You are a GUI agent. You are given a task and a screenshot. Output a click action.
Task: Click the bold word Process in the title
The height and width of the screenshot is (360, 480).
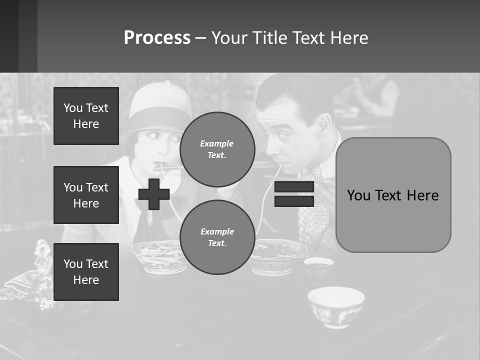[x=157, y=38]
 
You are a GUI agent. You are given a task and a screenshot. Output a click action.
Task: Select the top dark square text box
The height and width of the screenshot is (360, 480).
[x=86, y=116]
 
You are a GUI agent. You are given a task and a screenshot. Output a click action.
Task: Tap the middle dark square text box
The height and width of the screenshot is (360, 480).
[x=86, y=195]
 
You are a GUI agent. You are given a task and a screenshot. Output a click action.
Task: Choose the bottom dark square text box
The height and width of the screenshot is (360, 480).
[x=86, y=272]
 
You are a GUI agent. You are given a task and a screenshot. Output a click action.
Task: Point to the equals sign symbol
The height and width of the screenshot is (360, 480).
[x=294, y=194]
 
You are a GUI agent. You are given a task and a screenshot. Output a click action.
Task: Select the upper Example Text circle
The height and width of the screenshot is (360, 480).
[x=217, y=149]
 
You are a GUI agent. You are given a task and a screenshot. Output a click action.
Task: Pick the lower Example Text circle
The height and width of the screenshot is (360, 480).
[x=217, y=237]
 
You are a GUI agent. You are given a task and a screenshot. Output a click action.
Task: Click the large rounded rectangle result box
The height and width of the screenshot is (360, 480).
[x=393, y=195]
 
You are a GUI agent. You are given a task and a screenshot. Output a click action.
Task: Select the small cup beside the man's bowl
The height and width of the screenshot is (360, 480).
[x=318, y=266]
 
